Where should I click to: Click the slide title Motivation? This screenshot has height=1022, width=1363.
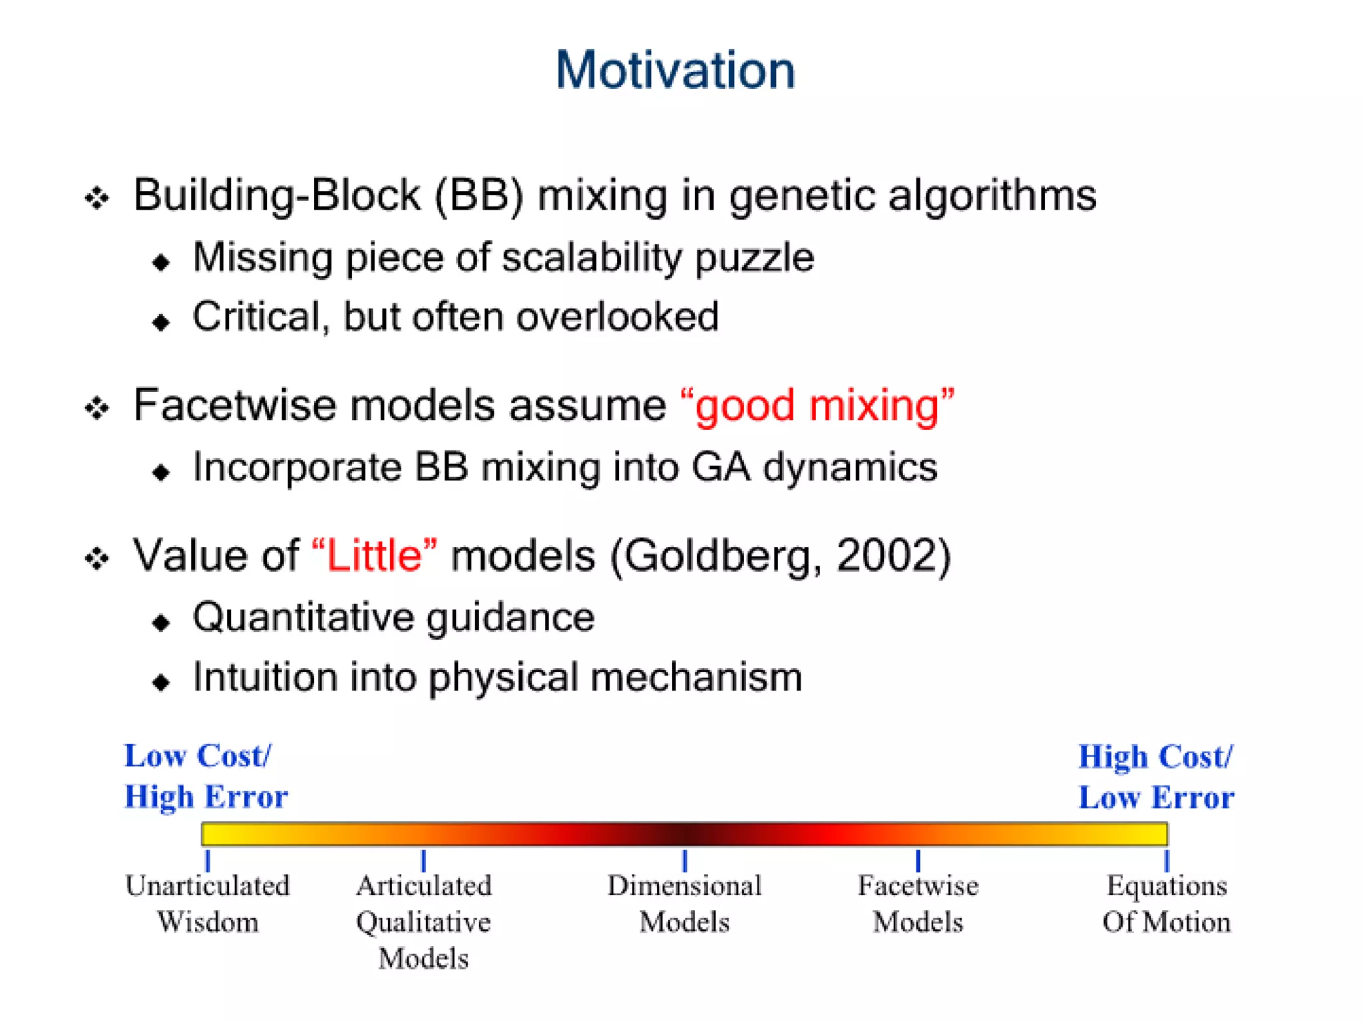pos(676,71)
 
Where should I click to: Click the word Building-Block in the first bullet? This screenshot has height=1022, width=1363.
pos(276,196)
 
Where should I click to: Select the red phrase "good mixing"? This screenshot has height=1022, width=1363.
pos(817,405)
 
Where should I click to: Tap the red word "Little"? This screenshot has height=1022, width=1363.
pos(374,556)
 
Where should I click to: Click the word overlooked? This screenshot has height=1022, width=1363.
pos(618,317)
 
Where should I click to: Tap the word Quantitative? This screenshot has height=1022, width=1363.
pos(303,618)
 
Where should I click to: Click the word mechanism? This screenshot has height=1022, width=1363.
pos(695,678)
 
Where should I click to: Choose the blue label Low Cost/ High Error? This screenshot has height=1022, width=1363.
pos(206,776)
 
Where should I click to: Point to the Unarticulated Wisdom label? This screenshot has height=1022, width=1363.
pos(208,904)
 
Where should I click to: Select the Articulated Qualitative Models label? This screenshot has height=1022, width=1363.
pos(424,922)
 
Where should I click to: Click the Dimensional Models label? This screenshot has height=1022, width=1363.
pos(684,904)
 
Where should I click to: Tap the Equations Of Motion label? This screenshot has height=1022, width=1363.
pos(1166,904)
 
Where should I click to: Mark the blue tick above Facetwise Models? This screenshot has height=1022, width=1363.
pos(918,860)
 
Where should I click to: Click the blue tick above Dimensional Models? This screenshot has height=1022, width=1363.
pos(684,860)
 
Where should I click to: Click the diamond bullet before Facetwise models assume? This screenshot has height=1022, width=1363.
pos(97,407)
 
